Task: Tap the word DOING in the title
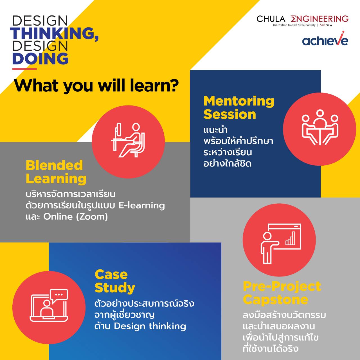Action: (40, 58)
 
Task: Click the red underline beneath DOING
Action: (24, 69)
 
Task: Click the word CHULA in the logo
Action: (271, 19)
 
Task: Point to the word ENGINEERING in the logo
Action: (319, 19)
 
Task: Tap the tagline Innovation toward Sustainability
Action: (294, 25)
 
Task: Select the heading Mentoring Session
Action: (239, 108)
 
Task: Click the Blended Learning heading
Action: (56, 172)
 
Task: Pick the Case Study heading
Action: (115, 281)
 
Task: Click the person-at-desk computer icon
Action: (128, 140)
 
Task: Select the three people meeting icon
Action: (320, 127)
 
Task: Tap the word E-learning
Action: (142, 206)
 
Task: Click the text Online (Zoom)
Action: (75, 217)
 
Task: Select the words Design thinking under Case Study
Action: (150, 326)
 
